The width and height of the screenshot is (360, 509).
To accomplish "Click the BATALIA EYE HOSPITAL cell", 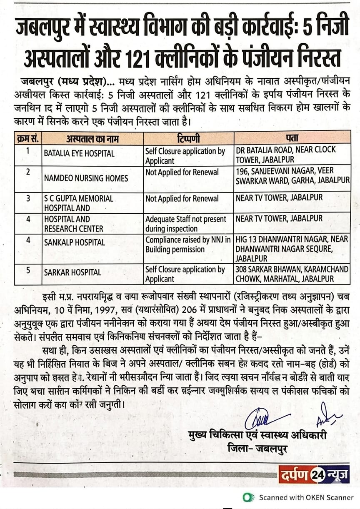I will [x=79, y=153].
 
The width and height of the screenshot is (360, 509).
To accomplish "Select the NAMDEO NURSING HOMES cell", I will [x=85, y=178].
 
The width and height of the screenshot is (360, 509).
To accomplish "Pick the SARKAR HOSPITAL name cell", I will [x=72, y=272].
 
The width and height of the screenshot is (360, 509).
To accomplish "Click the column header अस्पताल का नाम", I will [x=92, y=137].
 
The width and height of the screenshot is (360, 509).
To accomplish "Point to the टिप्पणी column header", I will [x=188, y=137].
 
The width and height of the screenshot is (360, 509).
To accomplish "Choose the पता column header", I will [x=292, y=137].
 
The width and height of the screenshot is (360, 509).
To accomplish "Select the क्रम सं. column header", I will [x=28, y=137].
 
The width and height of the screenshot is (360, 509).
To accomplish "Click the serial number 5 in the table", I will [x=28, y=270].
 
